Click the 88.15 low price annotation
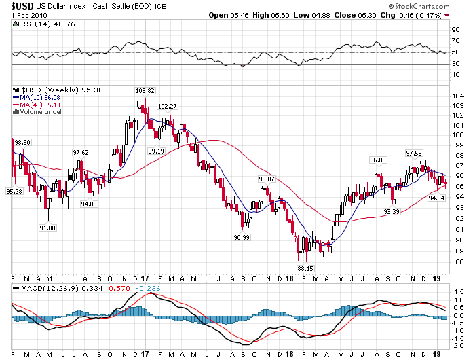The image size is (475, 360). click(x=306, y=268)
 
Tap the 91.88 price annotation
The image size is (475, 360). click(x=47, y=227)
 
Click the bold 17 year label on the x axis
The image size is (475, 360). click(x=146, y=278)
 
